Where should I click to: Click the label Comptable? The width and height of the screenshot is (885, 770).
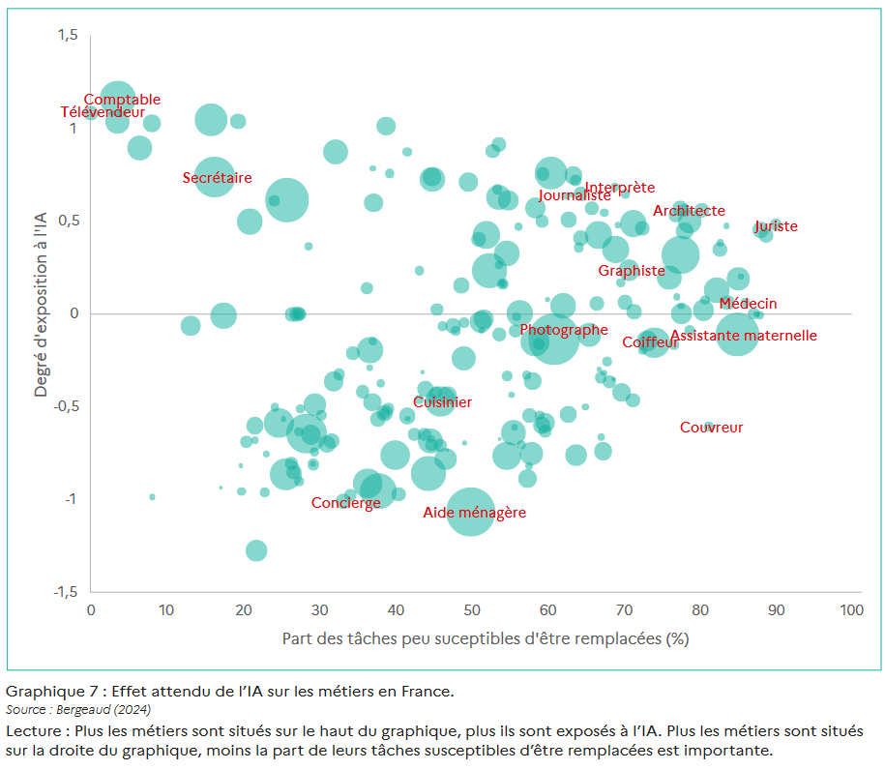click(x=122, y=100)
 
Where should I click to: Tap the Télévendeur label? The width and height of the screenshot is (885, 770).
click(x=103, y=112)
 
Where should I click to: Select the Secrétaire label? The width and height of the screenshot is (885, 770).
click(x=218, y=178)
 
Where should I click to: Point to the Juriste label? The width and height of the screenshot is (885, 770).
click(x=777, y=226)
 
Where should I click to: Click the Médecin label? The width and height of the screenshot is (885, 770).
click(x=748, y=304)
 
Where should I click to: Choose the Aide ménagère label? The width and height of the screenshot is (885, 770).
click(x=475, y=513)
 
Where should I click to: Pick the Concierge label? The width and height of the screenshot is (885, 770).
click(x=346, y=503)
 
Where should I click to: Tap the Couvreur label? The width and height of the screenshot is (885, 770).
click(x=712, y=428)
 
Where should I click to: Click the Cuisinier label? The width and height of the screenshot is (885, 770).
click(x=443, y=402)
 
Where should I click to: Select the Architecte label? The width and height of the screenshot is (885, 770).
click(x=689, y=211)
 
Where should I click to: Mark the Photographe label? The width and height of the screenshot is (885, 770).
click(x=564, y=330)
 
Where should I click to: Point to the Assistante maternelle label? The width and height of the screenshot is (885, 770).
click(x=744, y=336)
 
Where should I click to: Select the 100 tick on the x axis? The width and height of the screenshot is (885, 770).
click(x=851, y=610)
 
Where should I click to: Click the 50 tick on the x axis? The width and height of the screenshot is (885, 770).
click(x=471, y=610)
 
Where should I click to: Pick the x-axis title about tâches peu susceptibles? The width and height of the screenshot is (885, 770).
click(x=486, y=639)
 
